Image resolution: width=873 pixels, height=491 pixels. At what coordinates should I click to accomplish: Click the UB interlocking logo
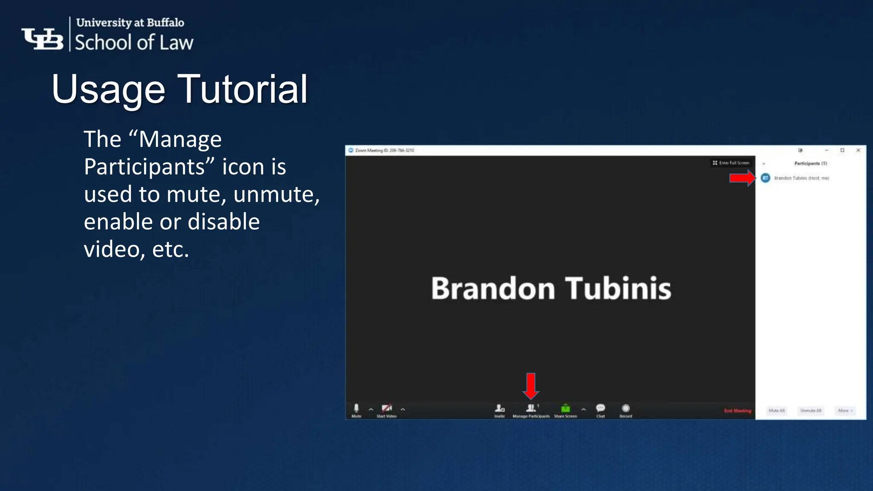42,39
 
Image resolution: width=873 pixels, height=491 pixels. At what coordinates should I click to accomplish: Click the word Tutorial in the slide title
242,89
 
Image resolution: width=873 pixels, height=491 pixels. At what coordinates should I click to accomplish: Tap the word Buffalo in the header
165,22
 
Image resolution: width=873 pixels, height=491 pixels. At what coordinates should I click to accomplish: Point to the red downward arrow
531,385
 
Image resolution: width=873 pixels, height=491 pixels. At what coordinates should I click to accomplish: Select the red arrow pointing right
742,178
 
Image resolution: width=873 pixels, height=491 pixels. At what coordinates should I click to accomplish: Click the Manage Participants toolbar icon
531,408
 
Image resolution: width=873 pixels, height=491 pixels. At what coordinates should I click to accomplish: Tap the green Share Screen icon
565,408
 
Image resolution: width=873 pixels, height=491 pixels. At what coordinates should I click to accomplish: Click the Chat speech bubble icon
600,408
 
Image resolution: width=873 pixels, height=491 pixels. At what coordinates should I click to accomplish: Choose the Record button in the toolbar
626,408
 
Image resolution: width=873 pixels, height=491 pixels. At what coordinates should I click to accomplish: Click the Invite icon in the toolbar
500,408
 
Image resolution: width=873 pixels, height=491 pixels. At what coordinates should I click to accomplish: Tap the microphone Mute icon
356,408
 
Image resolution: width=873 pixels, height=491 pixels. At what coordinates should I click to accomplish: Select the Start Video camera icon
386,408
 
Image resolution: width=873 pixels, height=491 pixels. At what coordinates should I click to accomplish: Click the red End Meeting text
737,411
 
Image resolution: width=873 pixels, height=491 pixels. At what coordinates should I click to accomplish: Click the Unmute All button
810,410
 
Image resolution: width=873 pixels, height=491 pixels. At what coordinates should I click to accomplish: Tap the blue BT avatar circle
766,178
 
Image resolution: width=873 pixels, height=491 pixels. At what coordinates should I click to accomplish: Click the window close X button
858,150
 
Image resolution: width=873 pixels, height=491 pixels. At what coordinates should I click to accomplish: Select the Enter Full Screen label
734,163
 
